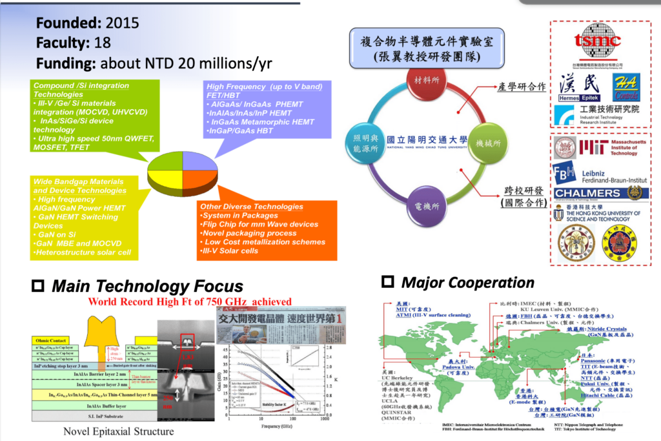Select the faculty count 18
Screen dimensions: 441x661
[x=101, y=43]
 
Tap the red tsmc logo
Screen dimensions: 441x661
[x=597, y=40]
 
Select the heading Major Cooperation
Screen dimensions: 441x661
[x=467, y=282]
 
